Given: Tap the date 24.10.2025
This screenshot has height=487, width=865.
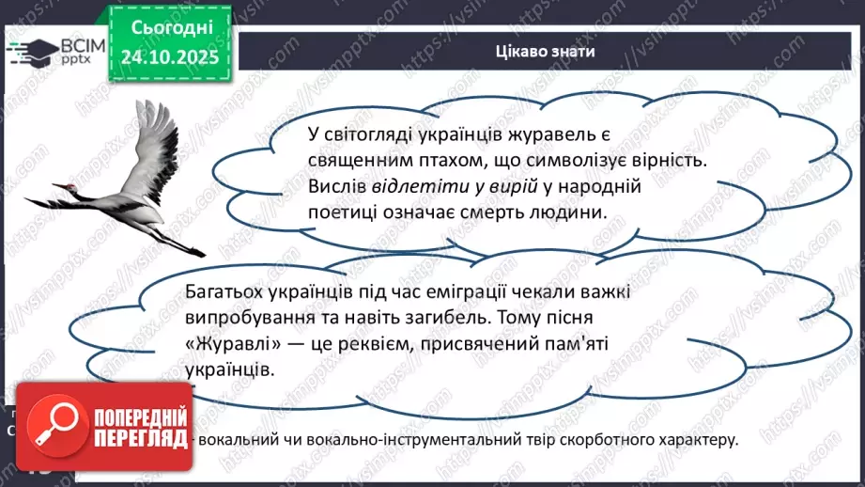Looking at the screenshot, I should [167, 57].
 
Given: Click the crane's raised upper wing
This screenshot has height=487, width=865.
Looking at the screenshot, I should [155, 141].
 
